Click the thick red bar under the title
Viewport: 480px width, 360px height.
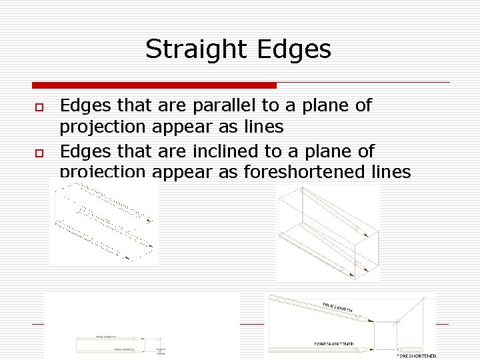click(154, 85)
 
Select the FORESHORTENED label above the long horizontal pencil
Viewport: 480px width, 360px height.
click(334, 344)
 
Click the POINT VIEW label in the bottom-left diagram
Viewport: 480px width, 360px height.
click(160, 351)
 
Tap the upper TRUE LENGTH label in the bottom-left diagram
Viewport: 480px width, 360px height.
click(107, 337)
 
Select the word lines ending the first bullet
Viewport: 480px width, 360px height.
click(265, 126)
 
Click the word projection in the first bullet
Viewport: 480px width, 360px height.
click(103, 126)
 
